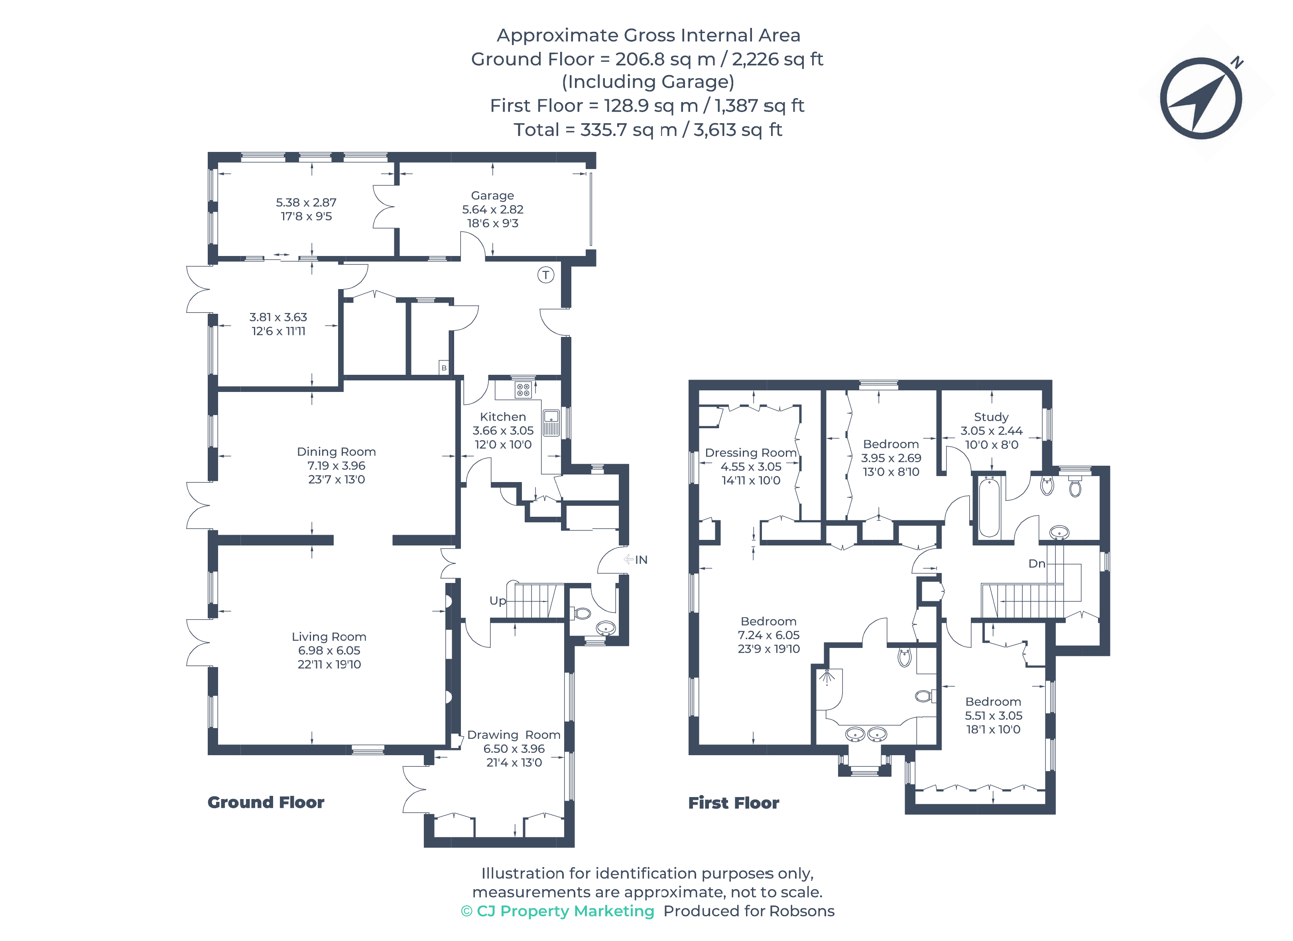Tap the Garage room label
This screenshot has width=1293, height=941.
pyautogui.click(x=492, y=196)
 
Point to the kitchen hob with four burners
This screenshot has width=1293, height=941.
pyautogui.click(x=523, y=390)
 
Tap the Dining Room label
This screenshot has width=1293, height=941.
pyautogui.click(x=337, y=452)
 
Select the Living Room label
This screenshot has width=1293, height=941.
pyautogui.click(x=329, y=636)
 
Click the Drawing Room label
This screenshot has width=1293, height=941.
pyautogui.click(x=514, y=734)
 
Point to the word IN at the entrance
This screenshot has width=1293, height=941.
pyautogui.click(x=642, y=560)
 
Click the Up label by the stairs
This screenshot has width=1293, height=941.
pyautogui.click(x=498, y=600)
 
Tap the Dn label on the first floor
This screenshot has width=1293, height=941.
pyautogui.click(x=1037, y=563)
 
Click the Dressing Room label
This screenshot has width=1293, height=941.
pyautogui.click(x=751, y=453)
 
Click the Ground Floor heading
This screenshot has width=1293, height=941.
pyautogui.click(x=266, y=802)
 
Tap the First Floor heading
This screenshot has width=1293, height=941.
pyautogui.click(x=734, y=803)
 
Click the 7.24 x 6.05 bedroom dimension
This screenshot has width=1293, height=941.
pyautogui.click(x=768, y=635)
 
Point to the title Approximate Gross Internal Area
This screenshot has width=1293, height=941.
pyautogui.click(x=649, y=35)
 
